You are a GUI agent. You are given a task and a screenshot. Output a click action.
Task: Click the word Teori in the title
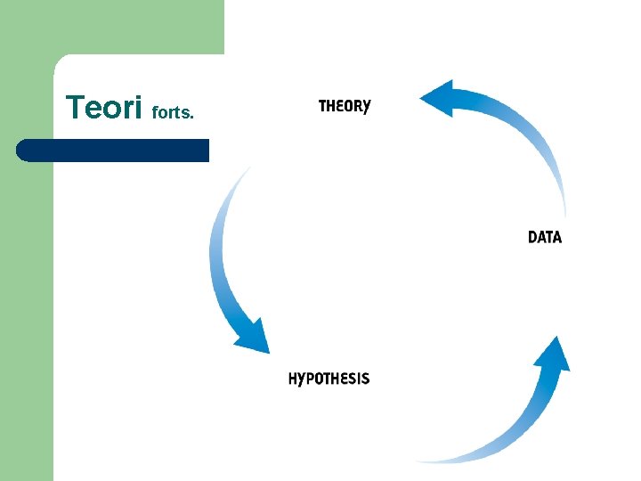tap(103, 108)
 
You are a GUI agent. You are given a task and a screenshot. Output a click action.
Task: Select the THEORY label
tap(345, 106)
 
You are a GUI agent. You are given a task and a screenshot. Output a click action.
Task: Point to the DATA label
tap(545, 237)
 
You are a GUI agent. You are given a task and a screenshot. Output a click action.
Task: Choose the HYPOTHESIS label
tap(329, 379)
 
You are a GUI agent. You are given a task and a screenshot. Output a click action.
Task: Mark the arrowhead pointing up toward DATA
tap(553, 355)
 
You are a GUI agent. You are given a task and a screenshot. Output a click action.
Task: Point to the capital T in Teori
tap(75, 108)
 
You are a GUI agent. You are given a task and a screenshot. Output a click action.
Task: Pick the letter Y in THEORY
tap(366, 107)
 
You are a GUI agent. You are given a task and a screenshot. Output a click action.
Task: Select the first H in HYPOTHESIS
tap(294, 379)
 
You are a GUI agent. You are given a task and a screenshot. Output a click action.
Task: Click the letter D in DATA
tap(533, 237)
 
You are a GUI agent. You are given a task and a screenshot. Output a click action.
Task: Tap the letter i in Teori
tap(138, 108)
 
